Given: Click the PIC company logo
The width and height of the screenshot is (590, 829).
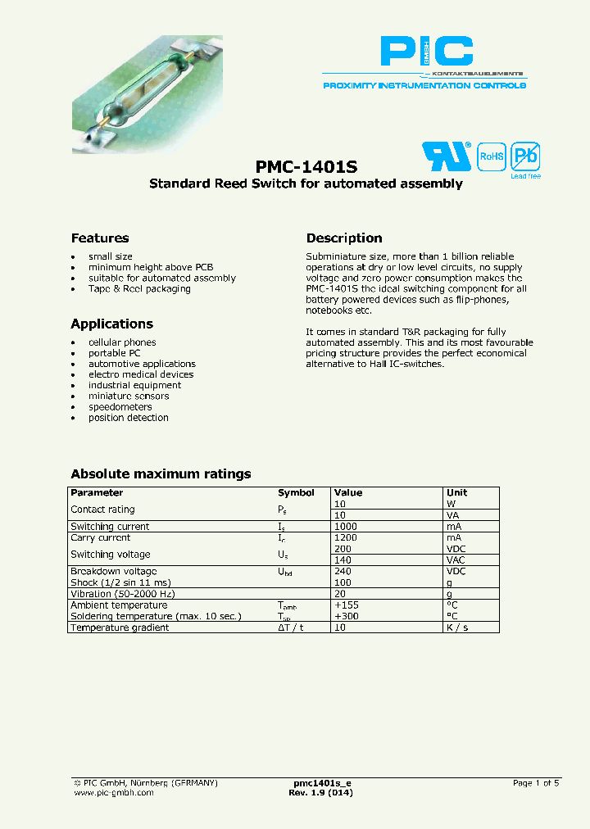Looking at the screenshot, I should tap(426, 52).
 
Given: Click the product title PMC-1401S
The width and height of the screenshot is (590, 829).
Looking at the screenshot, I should tap(306, 165).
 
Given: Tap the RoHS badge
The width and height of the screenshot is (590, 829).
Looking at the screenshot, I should tap(491, 156).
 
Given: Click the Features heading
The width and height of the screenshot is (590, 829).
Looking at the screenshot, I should tap(100, 238).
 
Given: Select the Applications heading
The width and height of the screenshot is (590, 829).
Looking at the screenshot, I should tap(111, 324).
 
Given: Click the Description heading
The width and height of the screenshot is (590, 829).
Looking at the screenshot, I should tap(344, 238).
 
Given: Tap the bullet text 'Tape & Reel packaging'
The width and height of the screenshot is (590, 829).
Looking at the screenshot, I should tap(139, 288).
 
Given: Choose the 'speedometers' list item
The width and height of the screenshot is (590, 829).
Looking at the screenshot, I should tap(120, 406).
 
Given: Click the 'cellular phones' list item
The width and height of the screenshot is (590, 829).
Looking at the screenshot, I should tap(122, 342).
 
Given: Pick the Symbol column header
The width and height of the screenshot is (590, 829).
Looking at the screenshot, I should tap(296, 492).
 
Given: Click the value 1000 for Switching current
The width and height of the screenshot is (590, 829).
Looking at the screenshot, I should tap(346, 527).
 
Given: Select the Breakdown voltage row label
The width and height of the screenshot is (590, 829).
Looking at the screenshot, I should tap(113, 571).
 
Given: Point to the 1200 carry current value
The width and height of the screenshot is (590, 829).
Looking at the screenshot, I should tap(346, 538).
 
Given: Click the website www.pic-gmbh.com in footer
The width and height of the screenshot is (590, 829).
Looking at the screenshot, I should tap(114, 794).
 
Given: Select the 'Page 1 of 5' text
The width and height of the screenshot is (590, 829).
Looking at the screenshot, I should tap(536, 783).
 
